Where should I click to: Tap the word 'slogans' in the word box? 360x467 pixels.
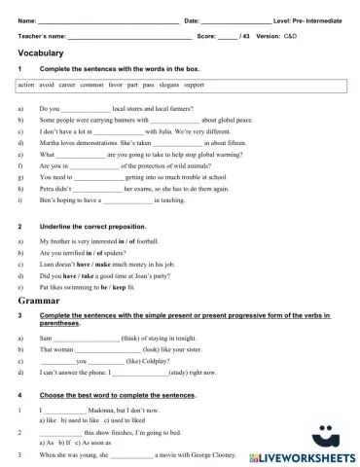pyautogui.click(x=164, y=86)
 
